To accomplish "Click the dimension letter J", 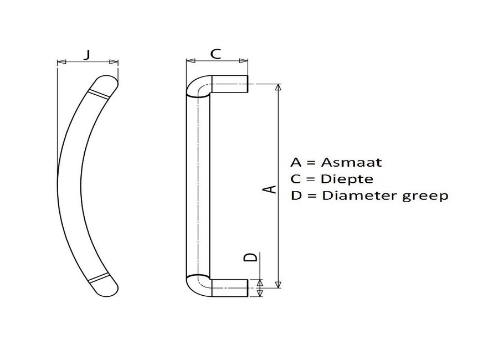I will (x=88, y=54).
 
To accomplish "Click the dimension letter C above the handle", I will (x=216, y=54).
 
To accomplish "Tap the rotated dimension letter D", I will (x=251, y=258).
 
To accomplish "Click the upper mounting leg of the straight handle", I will (x=228, y=84).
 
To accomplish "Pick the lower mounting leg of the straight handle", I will (x=228, y=288).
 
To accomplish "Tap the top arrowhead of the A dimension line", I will (x=278, y=88).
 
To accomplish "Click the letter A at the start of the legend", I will (x=296, y=163).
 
